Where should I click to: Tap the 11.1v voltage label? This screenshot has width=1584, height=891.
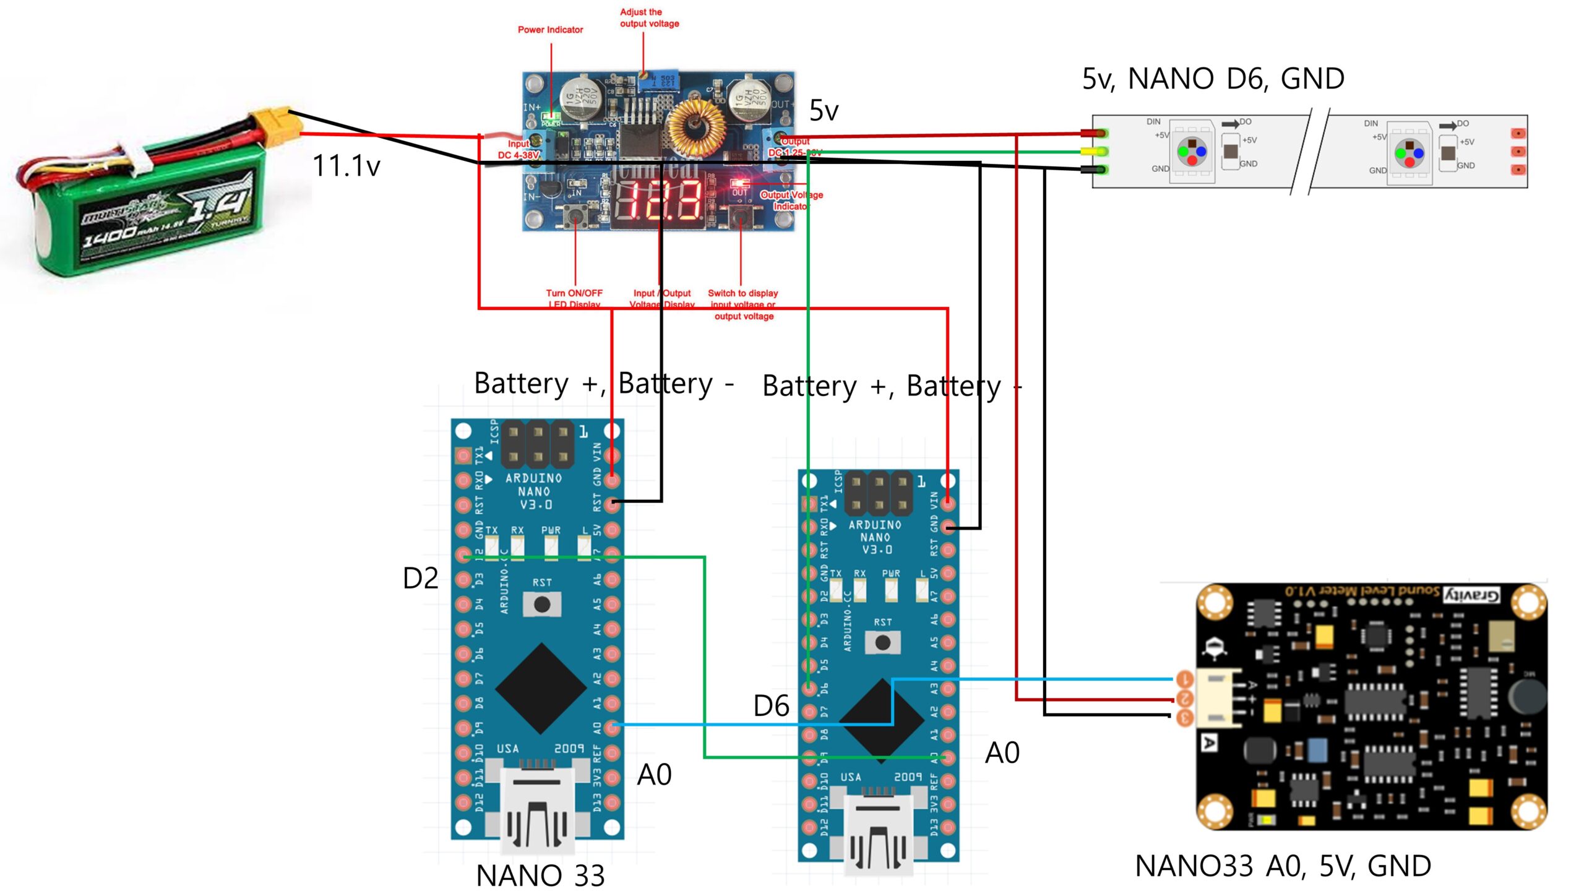[x=346, y=166]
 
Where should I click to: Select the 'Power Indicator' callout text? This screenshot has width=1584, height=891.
[x=550, y=30]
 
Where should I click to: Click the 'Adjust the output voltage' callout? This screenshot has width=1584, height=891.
[x=649, y=18]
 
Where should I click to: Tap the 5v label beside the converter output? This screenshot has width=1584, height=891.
[x=824, y=111]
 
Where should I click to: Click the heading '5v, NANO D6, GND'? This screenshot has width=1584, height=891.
[x=1213, y=79]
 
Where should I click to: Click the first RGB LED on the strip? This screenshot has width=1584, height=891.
[x=1192, y=152]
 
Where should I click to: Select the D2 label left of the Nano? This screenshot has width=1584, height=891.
[x=420, y=579]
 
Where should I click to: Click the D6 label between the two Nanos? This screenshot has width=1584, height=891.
[x=771, y=706]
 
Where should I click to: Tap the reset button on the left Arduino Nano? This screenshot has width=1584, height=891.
[x=542, y=605]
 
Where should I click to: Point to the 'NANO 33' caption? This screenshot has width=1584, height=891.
[x=540, y=876]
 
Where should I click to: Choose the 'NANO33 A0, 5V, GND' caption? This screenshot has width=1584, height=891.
[x=1283, y=866]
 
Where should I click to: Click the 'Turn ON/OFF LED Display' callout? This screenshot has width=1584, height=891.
[x=574, y=298]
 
